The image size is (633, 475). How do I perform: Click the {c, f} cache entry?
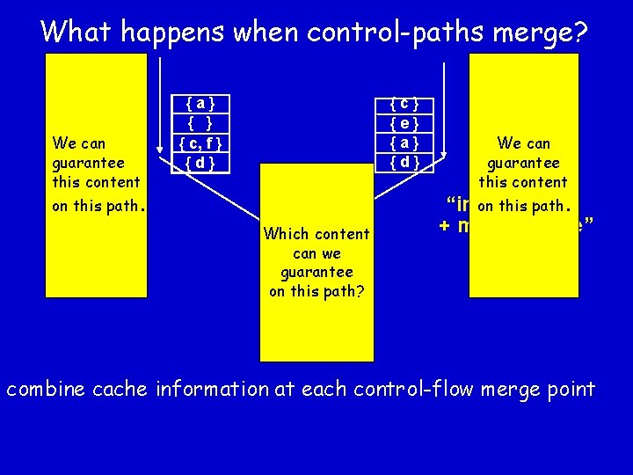click(200, 142)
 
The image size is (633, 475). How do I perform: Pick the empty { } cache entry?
click(200, 122)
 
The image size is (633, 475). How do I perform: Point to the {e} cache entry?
click(404, 122)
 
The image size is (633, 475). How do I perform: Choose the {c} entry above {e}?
click(404, 102)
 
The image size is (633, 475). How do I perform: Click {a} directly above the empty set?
click(200, 102)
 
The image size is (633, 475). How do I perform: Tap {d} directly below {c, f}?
click(200, 163)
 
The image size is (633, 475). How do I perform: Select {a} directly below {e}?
click(404, 142)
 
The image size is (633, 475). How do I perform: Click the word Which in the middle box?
click(284, 234)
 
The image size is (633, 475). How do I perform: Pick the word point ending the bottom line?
click(570, 390)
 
